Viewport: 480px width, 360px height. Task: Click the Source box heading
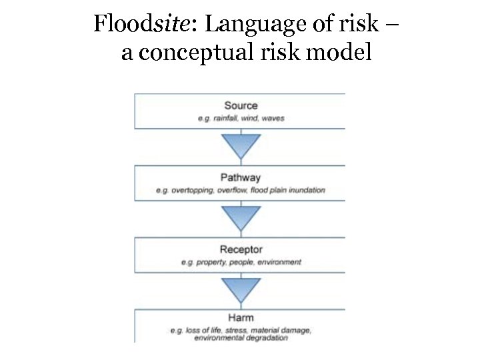click(241, 105)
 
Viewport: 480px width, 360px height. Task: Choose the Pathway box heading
click(241, 177)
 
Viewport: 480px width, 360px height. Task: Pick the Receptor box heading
click(241, 250)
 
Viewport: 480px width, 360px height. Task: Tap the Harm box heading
click(241, 318)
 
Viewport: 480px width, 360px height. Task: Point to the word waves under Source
click(273, 118)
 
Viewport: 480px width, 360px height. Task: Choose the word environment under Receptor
click(280, 263)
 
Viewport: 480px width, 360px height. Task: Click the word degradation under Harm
click(267, 338)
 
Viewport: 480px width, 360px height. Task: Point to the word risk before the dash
click(361, 25)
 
